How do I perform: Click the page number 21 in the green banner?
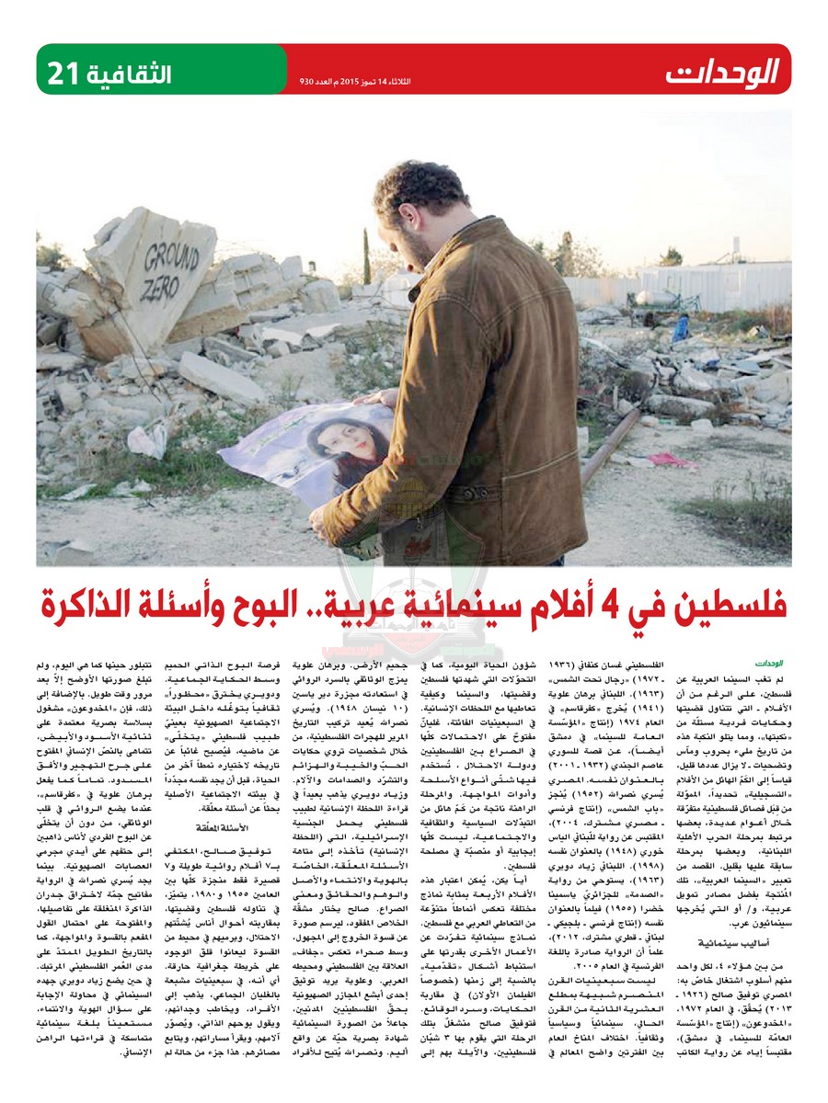65,69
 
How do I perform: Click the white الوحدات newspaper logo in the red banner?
723,71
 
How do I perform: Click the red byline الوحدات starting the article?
766,661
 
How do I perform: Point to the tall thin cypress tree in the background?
367,253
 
